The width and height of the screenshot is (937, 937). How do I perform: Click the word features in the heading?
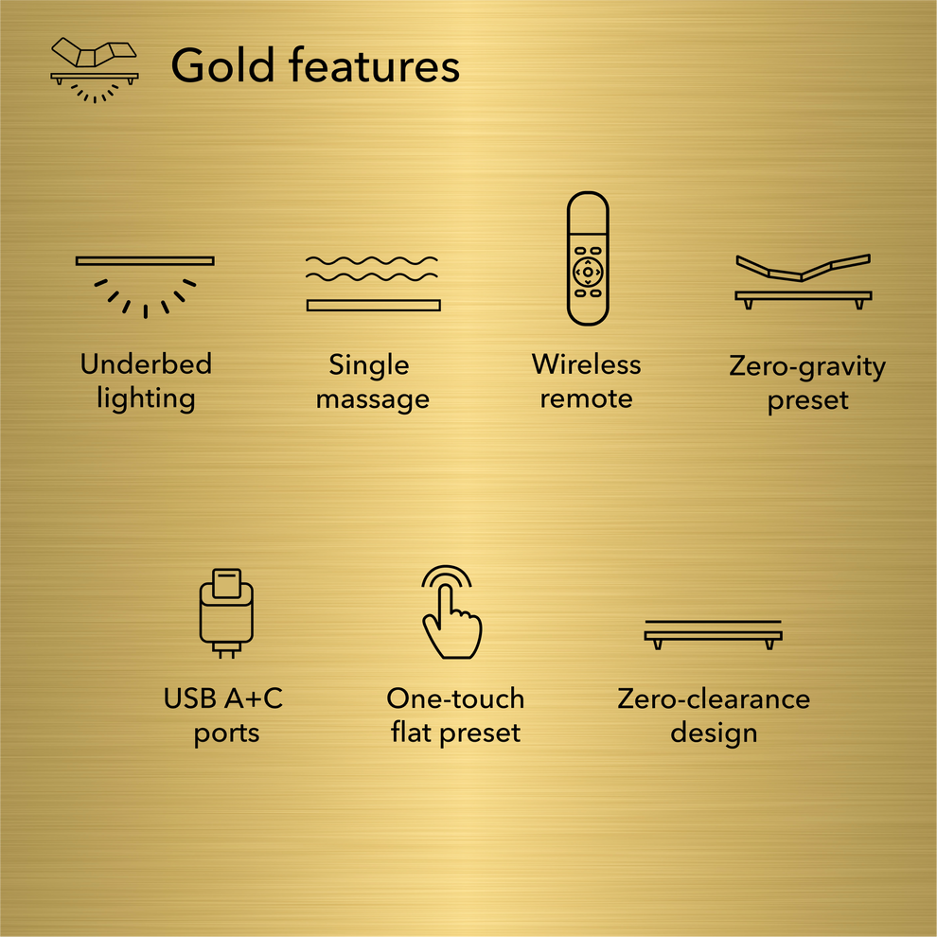(x=375, y=66)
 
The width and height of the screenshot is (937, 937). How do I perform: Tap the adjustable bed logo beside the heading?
(x=94, y=69)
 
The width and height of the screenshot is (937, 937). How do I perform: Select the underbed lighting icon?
(x=145, y=284)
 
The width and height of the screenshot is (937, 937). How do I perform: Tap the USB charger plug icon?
(x=226, y=612)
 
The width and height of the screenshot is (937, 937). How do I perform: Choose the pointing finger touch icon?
(x=451, y=612)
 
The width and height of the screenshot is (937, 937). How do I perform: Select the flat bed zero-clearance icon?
(x=714, y=634)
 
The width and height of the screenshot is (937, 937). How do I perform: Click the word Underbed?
(x=146, y=364)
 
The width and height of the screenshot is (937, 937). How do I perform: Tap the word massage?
(x=373, y=399)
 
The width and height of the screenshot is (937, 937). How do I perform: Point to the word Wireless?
(x=586, y=364)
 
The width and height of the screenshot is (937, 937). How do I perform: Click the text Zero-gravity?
(x=807, y=366)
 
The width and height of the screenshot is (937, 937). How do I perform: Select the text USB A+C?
(x=223, y=699)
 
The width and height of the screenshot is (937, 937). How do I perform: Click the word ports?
(x=226, y=734)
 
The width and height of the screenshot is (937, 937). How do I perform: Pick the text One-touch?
(x=455, y=699)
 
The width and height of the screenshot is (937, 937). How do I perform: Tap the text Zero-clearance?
(x=714, y=699)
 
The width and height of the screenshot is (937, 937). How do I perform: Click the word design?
(x=714, y=734)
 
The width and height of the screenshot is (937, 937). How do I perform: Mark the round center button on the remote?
(x=587, y=272)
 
